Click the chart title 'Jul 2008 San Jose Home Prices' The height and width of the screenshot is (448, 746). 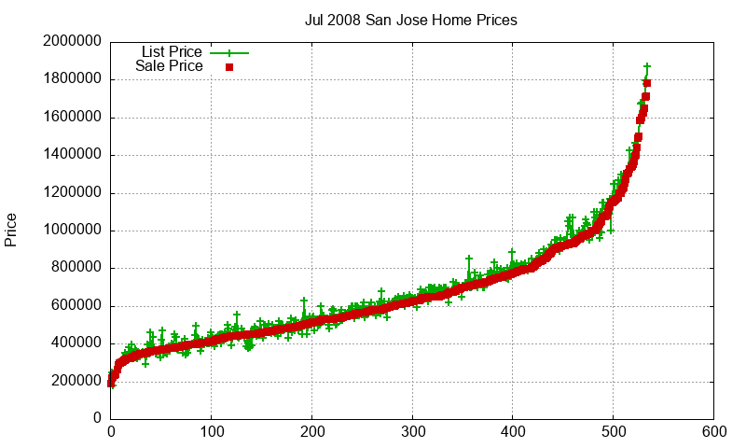coord(410,19)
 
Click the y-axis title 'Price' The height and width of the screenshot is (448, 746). coord(11,230)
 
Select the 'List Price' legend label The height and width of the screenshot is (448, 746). coord(172,52)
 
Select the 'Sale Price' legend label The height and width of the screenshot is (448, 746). coord(169,66)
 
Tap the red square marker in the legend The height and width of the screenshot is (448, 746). coord(228,67)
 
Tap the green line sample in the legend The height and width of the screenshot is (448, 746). coord(229,53)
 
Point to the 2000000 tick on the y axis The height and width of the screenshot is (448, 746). coord(72,42)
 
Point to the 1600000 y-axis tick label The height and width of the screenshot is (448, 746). coord(72,118)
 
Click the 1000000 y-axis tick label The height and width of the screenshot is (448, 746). coord(72,231)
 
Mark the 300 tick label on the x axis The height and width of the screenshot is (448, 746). coord(412,433)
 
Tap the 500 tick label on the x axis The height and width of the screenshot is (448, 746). coord(614,433)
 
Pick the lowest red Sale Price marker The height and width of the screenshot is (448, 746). coord(111,383)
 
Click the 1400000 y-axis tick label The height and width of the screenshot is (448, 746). coord(72,155)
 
